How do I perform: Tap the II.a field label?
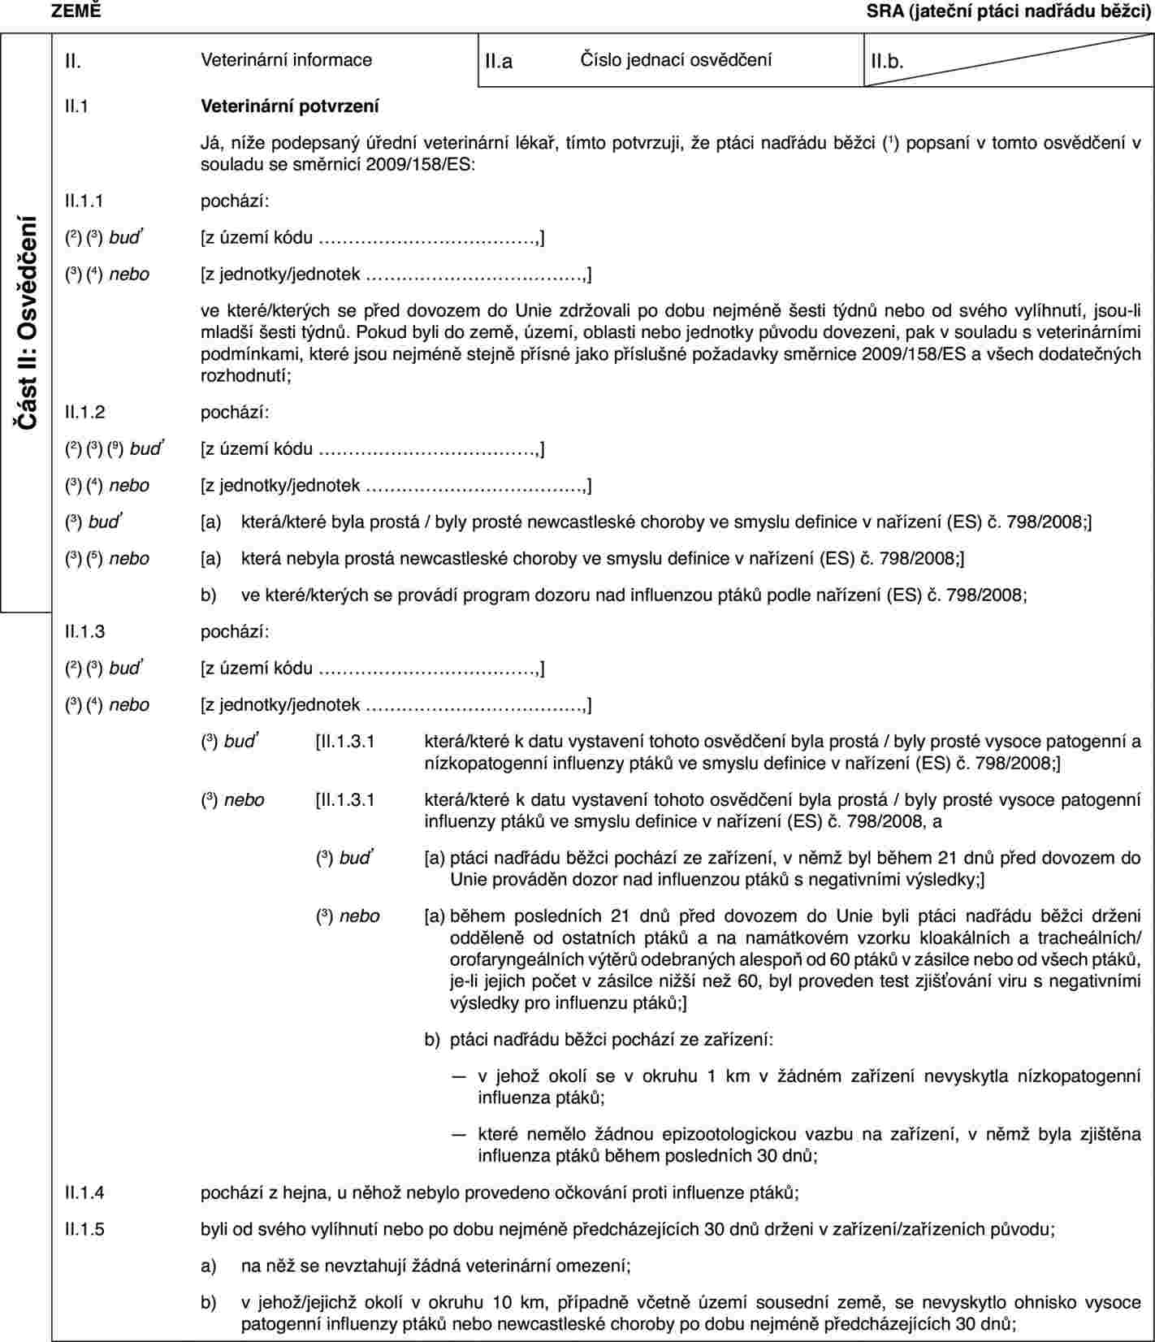pyautogui.click(x=499, y=60)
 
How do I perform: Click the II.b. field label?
pyautogui.click(x=887, y=61)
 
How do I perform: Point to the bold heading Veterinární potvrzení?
pyautogui.click(x=289, y=106)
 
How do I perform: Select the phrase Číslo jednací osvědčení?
pyautogui.click(x=676, y=59)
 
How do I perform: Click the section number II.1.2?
pyautogui.click(x=85, y=412)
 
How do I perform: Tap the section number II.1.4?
pyautogui.click(x=85, y=1193)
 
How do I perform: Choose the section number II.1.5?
pyautogui.click(x=85, y=1229)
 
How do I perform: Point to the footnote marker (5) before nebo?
pyautogui.click(x=94, y=559)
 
